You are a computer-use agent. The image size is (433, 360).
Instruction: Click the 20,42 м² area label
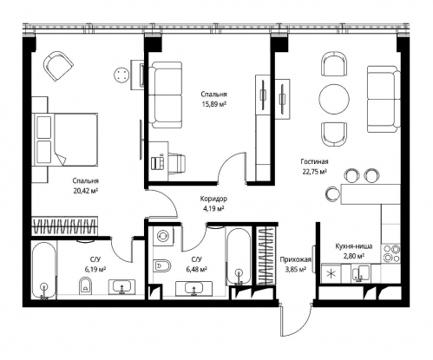(86, 190)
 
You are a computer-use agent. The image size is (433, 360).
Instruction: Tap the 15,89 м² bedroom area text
(214, 104)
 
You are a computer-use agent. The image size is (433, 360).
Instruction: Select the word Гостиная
(314, 161)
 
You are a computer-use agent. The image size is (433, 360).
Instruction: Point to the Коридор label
(213, 199)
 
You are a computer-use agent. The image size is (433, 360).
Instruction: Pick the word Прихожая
(295, 259)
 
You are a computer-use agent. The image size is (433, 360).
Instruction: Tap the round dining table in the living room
(334, 100)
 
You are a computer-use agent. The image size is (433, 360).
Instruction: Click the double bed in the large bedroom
(65, 140)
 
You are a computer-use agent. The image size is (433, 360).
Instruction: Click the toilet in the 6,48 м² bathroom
(162, 265)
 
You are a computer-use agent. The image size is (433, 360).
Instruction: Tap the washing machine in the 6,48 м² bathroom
(163, 235)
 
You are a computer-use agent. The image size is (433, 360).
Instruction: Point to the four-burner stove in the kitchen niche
(391, 253)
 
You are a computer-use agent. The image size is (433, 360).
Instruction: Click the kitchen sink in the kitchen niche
(360, 273)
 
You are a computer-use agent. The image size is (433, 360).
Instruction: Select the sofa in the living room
(384, 99)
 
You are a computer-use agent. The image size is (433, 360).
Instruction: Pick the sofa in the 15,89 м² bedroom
(166, 95)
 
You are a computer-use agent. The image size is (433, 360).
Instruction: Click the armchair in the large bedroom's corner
(58, 66)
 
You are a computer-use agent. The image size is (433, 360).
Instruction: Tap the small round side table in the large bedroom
(121, 75)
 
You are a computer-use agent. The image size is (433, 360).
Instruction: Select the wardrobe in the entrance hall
(266, 256)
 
